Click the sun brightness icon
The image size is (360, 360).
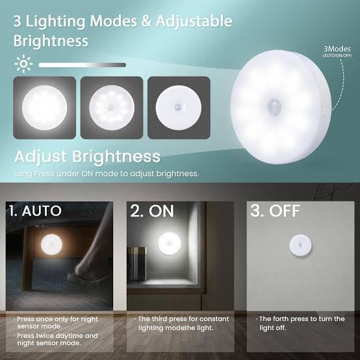(x=23, y=64)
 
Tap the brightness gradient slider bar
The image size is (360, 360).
(x=82, y=65)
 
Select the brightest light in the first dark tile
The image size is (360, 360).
(x=45, y=107)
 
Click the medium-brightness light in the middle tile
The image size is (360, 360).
(x=112, y=107)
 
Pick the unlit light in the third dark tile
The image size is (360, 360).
(x=179, y=107)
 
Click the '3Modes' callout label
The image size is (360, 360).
(x=337, y=49)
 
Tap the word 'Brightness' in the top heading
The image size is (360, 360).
(x=51, y=41)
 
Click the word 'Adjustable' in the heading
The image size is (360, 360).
(x=194, y=22)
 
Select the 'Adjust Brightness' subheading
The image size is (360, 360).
(x=87, y=157)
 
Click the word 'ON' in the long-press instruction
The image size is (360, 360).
(x=87, y=174)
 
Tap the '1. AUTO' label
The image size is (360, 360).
(x=35, y=211)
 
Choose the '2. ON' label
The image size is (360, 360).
(x=152, y=211)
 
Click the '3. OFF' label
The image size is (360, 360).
(x=275, y=211)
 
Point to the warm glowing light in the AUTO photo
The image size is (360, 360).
(x=51, y=244)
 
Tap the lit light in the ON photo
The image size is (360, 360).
(x=170, y=244)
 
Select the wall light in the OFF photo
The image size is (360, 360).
(x=300, y=246)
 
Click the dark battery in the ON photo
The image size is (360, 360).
(x=136, y=264)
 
